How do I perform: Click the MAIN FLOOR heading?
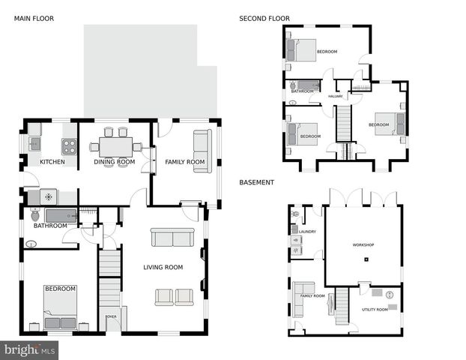click(x=34, y=18)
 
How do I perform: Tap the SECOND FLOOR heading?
click(x=264, y=18)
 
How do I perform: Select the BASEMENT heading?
click(x=256, y=182)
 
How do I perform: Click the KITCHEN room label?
click(x=52, y=162)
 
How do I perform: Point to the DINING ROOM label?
click(x=115, y=162)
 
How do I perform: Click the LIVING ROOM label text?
click(x=163, y=267)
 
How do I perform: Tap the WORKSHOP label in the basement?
click(x=363, y=245)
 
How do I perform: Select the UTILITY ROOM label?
click(x=375, y=309)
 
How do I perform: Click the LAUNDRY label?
click(x=308, y=232)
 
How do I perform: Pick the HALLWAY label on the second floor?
click(x=336, y=96)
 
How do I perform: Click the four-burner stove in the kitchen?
click(x=69, y=146)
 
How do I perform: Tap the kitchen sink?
click(x=34, y=142)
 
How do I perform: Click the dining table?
click(x=115, y=145)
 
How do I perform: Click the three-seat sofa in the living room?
click(x=172, y=237)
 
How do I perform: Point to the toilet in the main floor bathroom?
click(x=35, y=216)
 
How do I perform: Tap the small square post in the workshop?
click(x=367, y=260)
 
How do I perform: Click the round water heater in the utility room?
click(x=387, y=295)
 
